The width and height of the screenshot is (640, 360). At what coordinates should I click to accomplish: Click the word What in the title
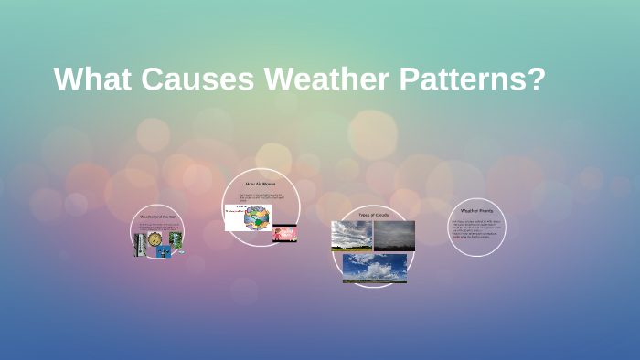pyautogui.click(x=90, y=79)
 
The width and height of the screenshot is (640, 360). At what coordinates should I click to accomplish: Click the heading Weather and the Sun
pyautogui.click(x=157, y=217)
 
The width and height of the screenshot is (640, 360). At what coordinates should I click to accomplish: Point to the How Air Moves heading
pyautogui.click(x=261, y=185)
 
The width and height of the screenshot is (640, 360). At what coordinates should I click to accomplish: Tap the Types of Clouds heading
pyautogui.click(x=374, y=214)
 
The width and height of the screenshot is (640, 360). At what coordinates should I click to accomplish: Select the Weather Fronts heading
pyautogui.click(x=476, y=211)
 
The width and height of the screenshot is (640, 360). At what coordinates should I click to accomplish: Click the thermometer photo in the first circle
pyautogui.click(x=141, y=245)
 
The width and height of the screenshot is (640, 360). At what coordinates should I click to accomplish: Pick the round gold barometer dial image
pyautogui.click(x=156, y=238)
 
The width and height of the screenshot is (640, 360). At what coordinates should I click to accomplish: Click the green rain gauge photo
pyautogui.click(x=176, y=238)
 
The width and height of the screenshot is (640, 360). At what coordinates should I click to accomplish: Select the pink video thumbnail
pyautogui.click(x=284, y=234)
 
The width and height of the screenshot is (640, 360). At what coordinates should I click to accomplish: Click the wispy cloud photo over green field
pyautogui.click(x=351, y=236)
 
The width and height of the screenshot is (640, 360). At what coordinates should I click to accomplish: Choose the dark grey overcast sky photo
pyautogui.click(x=394, y=235)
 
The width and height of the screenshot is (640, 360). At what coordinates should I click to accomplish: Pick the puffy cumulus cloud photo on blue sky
pyautogui.click(x=374, y=268)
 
